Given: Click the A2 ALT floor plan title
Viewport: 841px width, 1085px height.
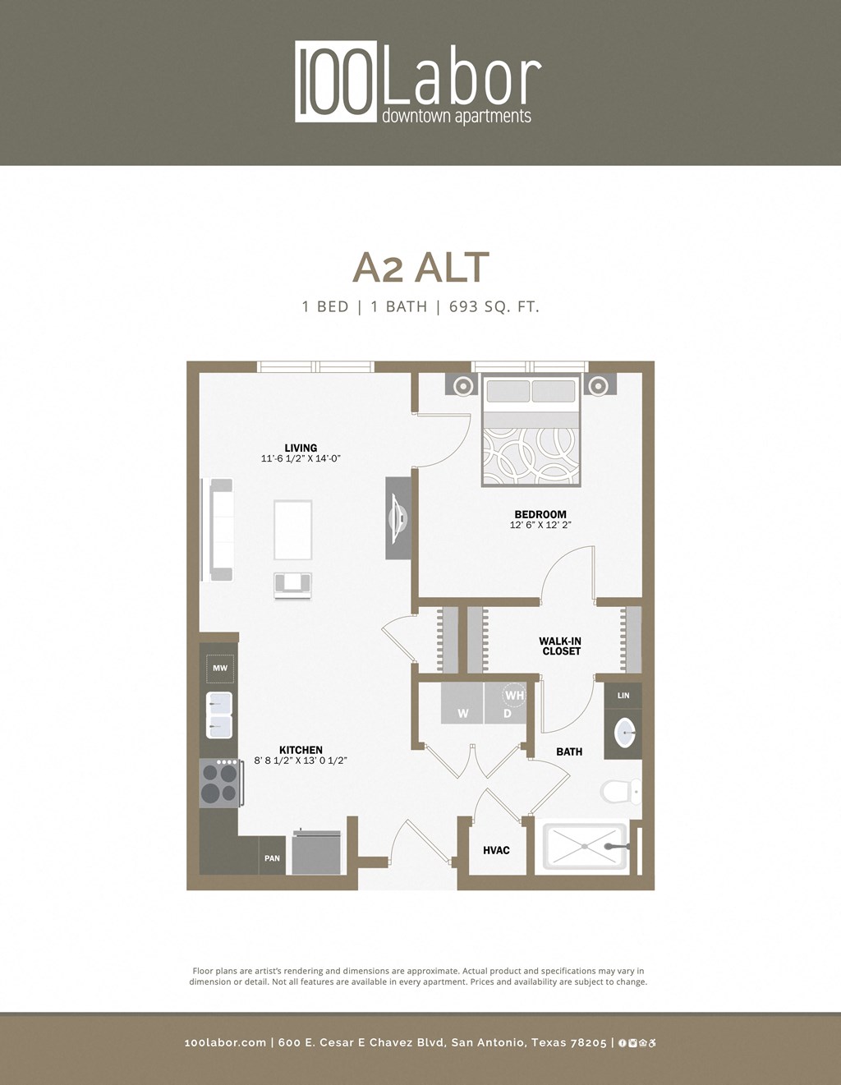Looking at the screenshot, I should [x=420, y=267].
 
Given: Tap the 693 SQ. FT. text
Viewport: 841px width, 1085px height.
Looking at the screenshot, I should [x=494, y=307].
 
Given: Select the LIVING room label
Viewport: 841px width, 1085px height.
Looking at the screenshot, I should [x=301, y=448].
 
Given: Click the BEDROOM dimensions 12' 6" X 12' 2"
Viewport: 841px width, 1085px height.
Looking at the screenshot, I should [x=540, y=525].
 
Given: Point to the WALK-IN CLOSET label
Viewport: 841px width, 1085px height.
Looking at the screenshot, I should [x=561, y=646].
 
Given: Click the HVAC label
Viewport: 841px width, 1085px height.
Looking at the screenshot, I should [x=496, y=850].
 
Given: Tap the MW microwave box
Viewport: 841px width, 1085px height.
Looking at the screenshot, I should [x=220, y=669].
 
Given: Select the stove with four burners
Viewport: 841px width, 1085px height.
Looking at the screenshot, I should [x=219, y=783].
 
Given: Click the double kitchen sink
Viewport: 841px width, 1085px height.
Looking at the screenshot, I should [x=220, y=715].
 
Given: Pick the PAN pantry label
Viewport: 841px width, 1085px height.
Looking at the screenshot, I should [x=272, y=858].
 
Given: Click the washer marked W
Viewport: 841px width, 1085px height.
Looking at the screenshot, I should [x=462, y=704].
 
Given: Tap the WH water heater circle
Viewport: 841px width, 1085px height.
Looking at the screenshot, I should [x=514, y=696].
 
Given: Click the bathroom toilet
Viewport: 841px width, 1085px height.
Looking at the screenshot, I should [x=620, y=792].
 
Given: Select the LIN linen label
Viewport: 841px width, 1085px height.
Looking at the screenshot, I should [x=623, y=696].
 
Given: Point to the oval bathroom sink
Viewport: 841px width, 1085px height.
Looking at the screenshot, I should [x=625, y=733].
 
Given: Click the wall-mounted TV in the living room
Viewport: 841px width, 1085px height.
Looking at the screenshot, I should [x=398, y=518].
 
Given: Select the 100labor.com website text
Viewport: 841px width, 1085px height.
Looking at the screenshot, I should [x=225, y=1043].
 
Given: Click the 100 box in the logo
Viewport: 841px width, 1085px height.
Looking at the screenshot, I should [x=336, y=82].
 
